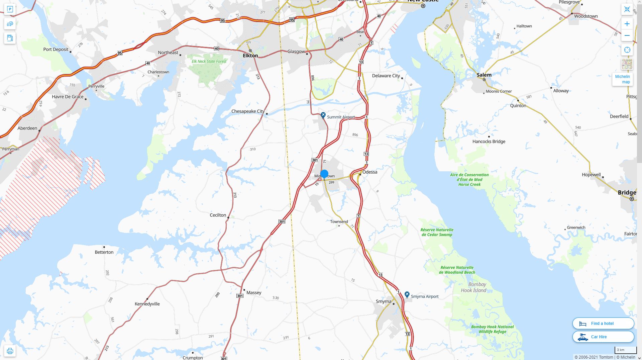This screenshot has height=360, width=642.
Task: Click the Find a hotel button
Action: [603, 324]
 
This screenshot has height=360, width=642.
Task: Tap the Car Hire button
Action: [603, 337]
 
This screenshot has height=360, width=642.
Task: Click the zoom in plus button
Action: [627, 24]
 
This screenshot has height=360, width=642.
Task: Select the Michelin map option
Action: [622, 79]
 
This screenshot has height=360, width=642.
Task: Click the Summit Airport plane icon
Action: [323, 115]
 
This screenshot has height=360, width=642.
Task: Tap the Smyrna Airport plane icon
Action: [407, 294]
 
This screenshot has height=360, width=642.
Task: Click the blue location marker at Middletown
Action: [324, 174]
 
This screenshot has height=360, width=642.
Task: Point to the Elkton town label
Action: [250, 56]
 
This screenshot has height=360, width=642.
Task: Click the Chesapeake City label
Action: [248, 111]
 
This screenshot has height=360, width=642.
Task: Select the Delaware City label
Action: [386, 76]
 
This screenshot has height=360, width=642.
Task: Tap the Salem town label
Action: [484, 75]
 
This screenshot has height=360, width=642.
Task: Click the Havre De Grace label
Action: [68, 97]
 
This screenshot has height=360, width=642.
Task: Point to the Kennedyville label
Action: [147, 304]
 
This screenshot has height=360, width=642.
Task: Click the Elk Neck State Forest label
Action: [209, 62]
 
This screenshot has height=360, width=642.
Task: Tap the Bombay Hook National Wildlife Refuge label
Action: [492, 329]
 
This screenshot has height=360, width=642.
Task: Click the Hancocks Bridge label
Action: [489, 142]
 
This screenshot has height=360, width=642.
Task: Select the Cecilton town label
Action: [218, 215]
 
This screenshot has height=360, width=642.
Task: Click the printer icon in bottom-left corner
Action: [10, 351]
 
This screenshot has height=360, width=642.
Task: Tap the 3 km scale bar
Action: [625, 350]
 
